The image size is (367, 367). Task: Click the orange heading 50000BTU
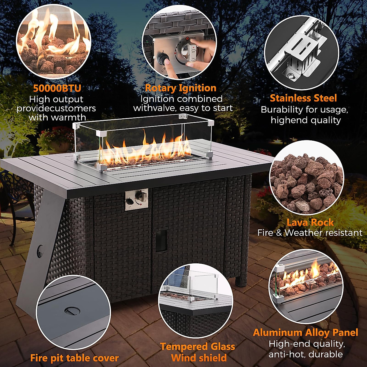[x=57, y=88]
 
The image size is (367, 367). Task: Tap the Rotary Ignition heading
[x=180, y=88]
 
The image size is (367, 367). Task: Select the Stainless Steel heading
[x=303, y=98]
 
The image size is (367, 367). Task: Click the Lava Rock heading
[x=310, y=222]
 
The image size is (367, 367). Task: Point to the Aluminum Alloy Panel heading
[x=305, y=332]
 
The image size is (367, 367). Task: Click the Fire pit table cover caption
[x=74, y=358]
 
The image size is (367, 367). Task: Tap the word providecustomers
[x=56, y=108]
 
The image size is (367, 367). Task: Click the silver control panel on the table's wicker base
[x=136, y=199]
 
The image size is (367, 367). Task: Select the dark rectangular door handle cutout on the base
[x=161, y=240]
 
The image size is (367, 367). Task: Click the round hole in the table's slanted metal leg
[x=40, y=251]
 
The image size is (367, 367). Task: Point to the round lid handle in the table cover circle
[x=72, y=311]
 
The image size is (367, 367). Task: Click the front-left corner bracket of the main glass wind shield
[x=102, y=167]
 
